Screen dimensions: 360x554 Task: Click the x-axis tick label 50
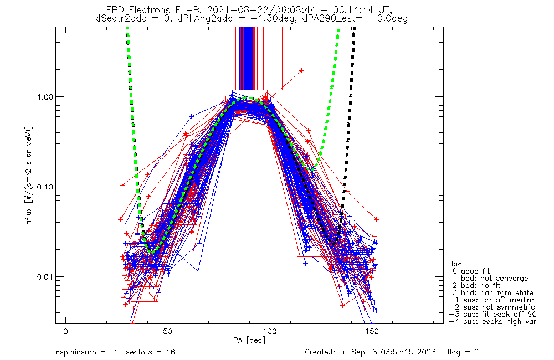(168, 331)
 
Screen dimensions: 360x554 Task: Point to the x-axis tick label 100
(270, 331)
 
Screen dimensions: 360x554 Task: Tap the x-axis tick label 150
(372, 331)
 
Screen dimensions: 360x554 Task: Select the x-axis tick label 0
(66, 331)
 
